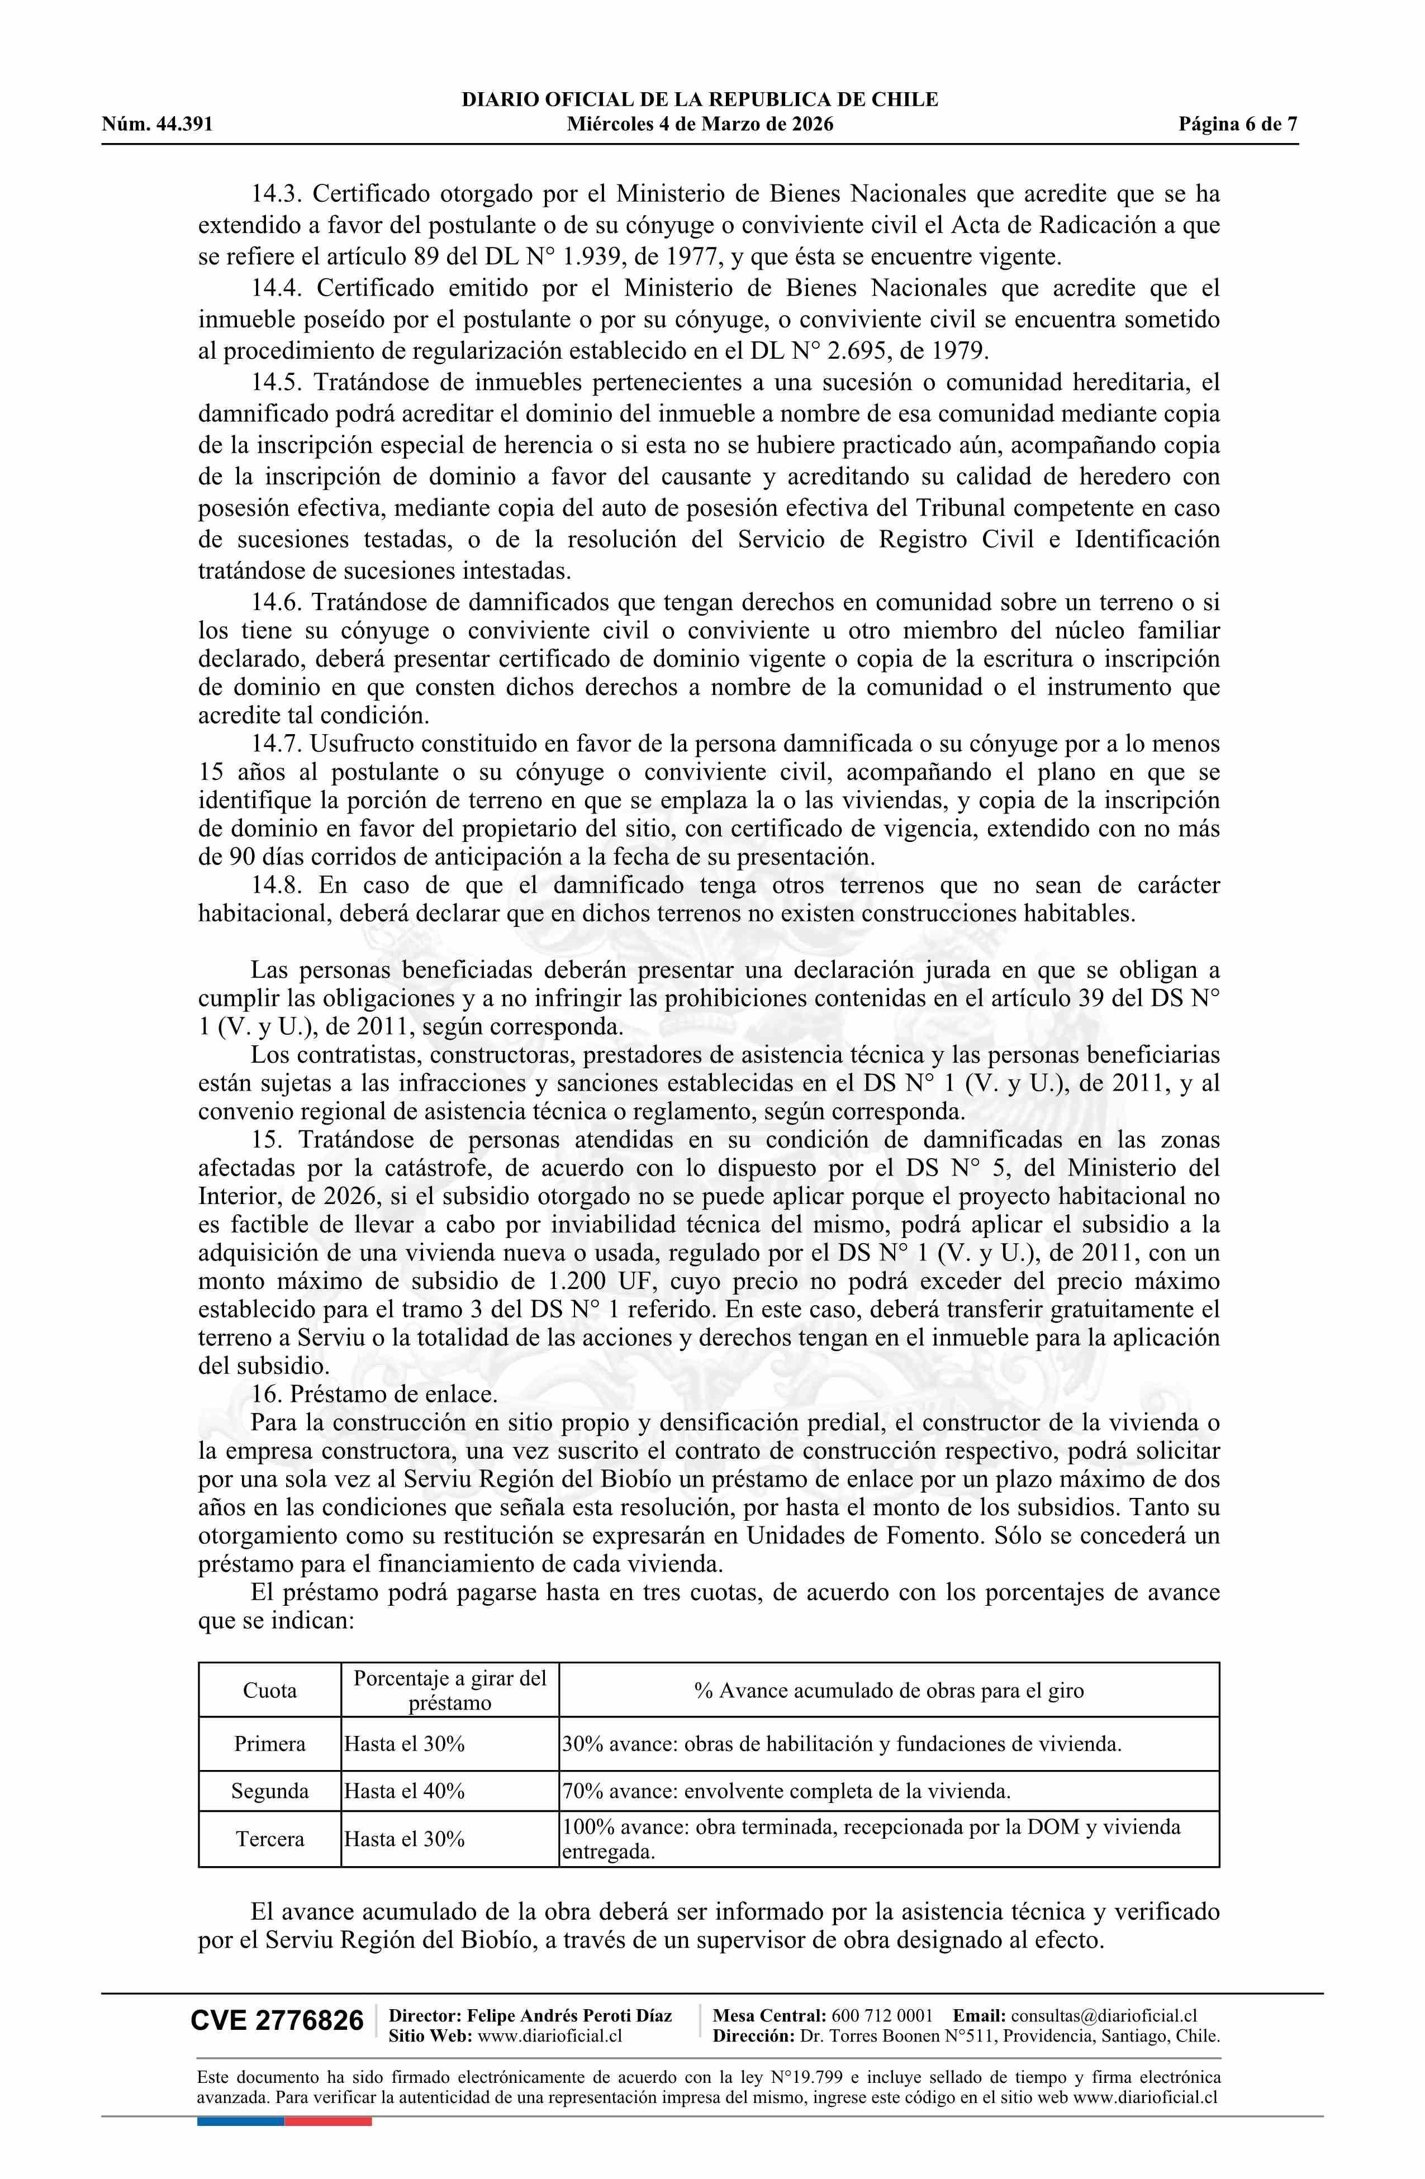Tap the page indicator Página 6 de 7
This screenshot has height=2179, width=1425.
click(x=1238, y=125)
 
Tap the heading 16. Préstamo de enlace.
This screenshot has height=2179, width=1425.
click(x=374, y=1395)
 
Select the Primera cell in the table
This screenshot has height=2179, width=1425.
click(x=269, y=1744)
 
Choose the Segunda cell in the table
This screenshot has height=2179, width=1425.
click(x=269, y=1791)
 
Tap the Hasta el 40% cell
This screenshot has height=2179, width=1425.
click(x=405, y=1791)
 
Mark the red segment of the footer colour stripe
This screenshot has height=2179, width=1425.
click(x=328, y=2096)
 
